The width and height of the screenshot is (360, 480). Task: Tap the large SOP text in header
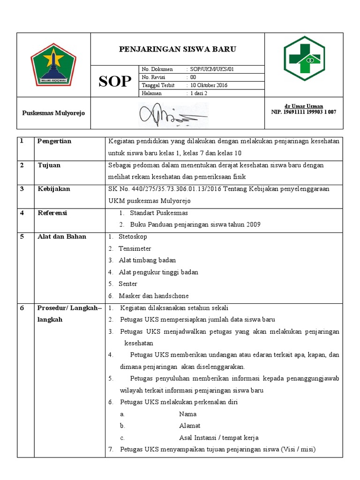click(115, 82)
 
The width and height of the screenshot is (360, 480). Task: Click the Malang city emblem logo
click(53, 65)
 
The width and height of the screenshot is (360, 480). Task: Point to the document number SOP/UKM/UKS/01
click(211, 69)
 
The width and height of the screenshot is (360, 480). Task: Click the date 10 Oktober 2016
click(209, 85)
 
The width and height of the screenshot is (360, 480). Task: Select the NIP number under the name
click(304, 112)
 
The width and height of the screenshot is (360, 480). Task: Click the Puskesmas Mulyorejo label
click(54, 113)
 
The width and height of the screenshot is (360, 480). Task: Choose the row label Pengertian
click(54, 141)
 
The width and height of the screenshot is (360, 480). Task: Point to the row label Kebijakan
click(53, 189)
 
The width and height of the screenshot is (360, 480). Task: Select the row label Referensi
click(52, 213)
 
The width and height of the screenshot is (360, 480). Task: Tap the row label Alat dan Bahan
click(62, 237)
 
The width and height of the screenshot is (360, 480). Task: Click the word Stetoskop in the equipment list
click(133, 237)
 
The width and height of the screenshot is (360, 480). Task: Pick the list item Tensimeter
click(135, 248)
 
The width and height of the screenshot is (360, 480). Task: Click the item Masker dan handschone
click(154, 296)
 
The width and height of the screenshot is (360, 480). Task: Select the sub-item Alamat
click(190, 426)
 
